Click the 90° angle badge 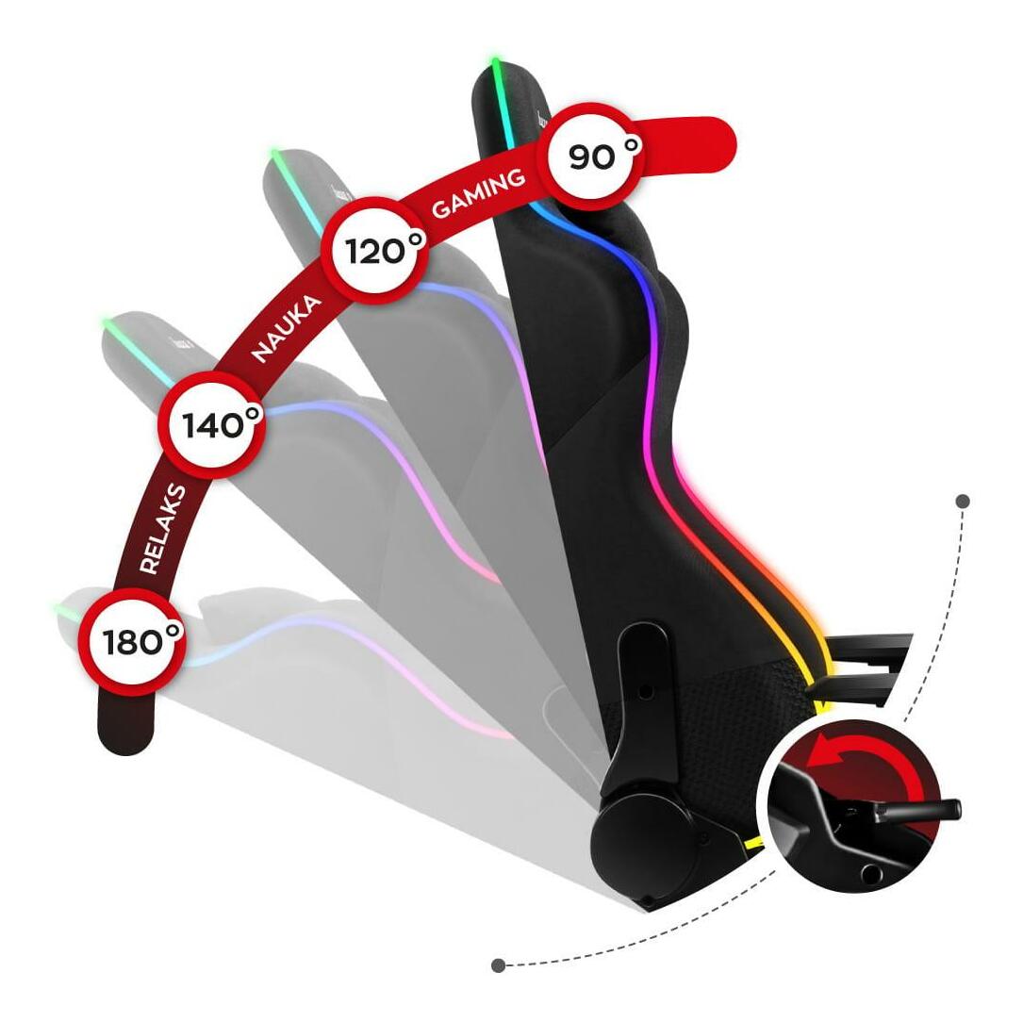pos(594,156)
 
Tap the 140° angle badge pos(210,426)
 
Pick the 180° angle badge pos(131,641)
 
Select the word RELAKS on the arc pos(162,529)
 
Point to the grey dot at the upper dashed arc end pos(962,502)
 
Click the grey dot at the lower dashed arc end pos(498,964)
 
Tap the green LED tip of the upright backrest pos(494,66)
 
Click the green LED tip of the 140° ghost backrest pos(107,326)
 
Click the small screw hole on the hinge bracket pos(646,691)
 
